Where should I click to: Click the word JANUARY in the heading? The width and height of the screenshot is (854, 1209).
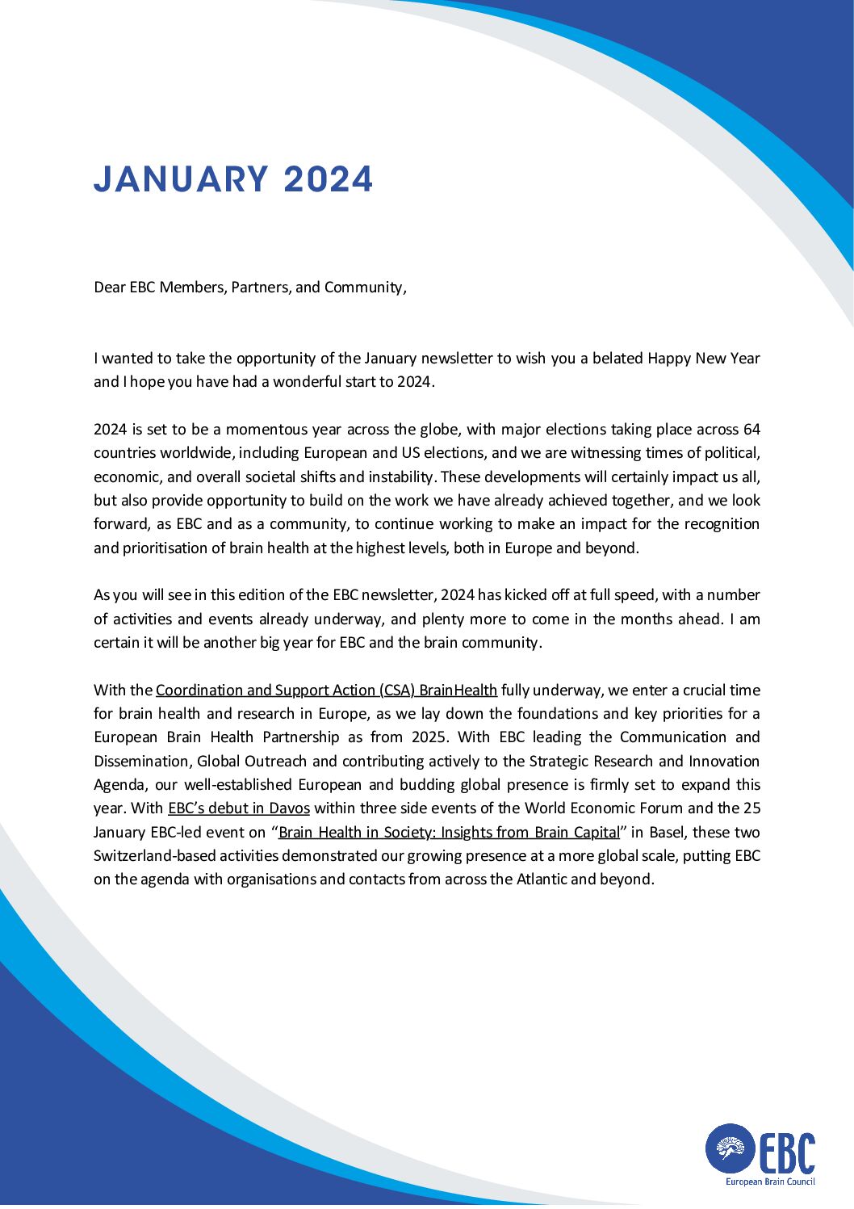click(180, 179)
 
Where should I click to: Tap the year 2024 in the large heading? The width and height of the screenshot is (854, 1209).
click(329, 179)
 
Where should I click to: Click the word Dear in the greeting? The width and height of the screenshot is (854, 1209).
click(110, 288)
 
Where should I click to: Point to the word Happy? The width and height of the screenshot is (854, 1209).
click(669, 358)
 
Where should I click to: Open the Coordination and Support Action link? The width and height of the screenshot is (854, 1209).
click(326, 691)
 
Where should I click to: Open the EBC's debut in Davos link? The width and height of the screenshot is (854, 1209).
click(239, 808)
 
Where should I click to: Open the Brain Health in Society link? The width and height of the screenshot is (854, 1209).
click(449, 833)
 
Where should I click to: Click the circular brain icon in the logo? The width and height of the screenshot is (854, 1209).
click(730, 1148)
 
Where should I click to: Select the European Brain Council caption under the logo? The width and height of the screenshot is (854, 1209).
click(769, 1182)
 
